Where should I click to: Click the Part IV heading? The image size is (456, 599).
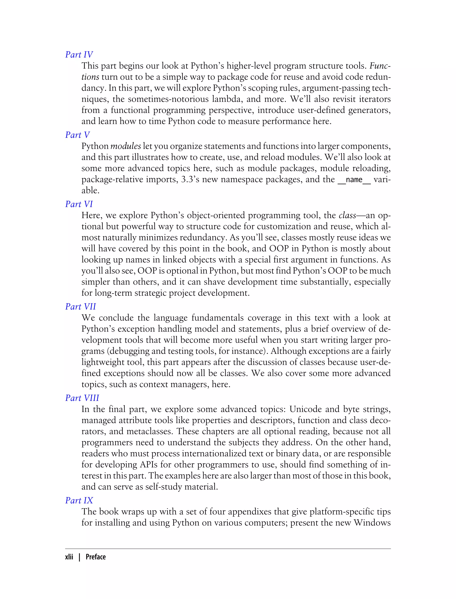[x=79, y=55]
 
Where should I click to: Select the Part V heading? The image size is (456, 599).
[x=77, y=135]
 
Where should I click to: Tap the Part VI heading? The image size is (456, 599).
[x=79, y=204]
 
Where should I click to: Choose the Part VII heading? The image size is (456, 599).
[x=81, y=306]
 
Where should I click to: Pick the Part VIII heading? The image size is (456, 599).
[x=82, y=398]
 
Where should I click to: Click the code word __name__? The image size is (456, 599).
[x=354, y=180]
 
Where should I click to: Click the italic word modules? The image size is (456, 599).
[x=126, y=146]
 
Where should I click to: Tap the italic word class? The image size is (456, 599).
[x=347, y=215]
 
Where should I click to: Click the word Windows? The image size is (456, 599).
[x=372, y=523]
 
